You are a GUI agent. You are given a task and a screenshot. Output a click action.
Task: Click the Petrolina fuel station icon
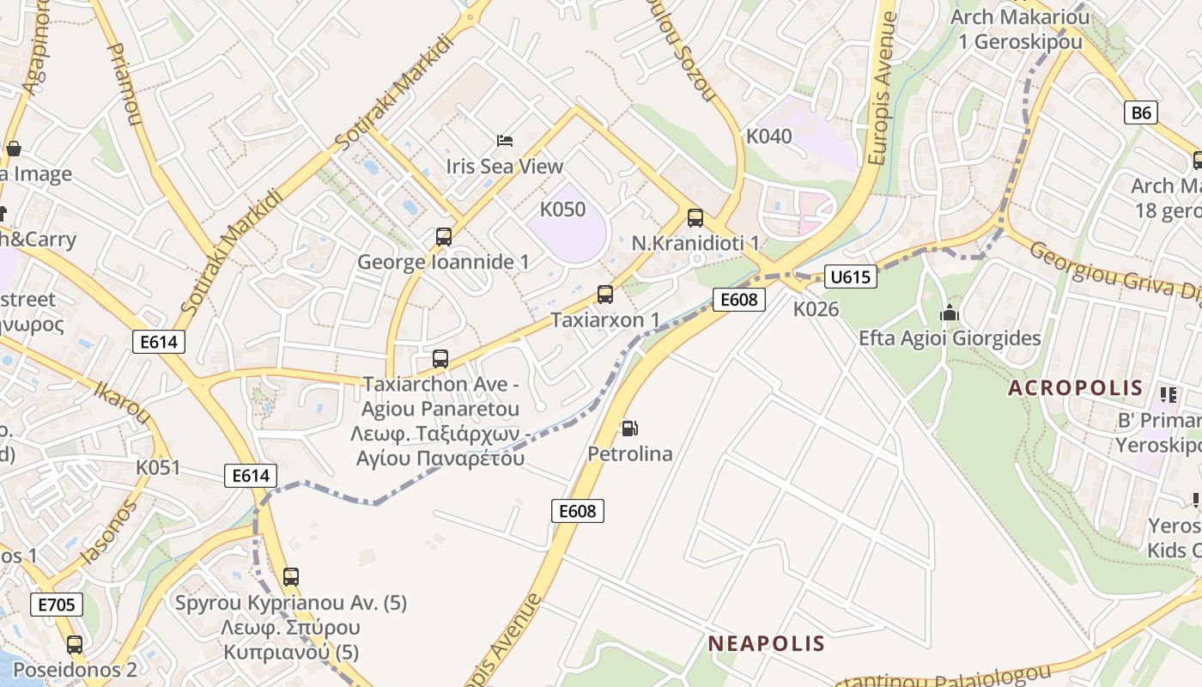(x=629, y=429)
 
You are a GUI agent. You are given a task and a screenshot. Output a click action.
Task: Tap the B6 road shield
(x=1141, y=112)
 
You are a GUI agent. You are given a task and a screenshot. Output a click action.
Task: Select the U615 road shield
(x=850, y=277)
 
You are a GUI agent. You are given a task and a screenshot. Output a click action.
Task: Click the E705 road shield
(x=57, y=605)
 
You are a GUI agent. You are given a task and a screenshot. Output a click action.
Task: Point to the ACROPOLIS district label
(x=1075, y=387)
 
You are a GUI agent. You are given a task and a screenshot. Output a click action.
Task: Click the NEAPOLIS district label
(x=766, y=643)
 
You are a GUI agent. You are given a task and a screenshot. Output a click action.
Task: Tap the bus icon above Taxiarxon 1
(x=605, y=295)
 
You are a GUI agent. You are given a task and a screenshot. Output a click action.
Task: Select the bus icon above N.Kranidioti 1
(x=695, y=218)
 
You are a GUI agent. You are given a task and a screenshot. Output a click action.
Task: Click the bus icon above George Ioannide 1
(x=444, y=236)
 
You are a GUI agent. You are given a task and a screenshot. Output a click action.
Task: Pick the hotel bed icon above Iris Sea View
(x=505, y=140)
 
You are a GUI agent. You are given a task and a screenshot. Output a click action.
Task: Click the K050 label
(x=562, y=210)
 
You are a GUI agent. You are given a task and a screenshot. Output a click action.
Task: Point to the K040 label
(x=768, y=136)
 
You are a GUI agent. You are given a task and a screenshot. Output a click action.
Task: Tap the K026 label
(x=815, y=309)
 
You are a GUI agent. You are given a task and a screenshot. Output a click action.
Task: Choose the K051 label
(x=158, y=467)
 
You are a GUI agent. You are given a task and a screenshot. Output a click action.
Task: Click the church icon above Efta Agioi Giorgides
(x=949, y=313)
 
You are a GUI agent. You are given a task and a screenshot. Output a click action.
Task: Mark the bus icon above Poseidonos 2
(x=75, y=644)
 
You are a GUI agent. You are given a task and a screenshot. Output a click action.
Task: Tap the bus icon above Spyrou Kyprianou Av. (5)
(x=291, y=576)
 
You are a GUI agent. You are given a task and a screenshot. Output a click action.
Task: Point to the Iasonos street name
(x=108, y=533)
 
